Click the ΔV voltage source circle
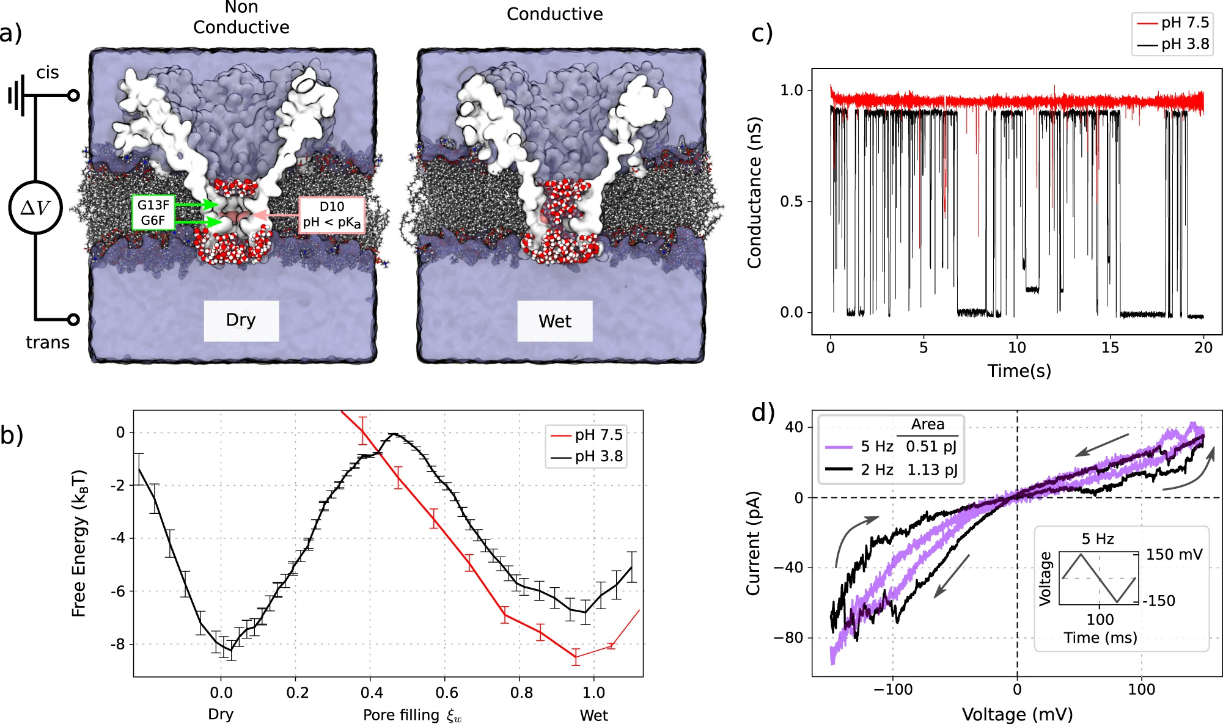tap(35, 208)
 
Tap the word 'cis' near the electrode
tap(48, 73)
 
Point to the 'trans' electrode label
tap(48, 342)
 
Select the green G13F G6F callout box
tap(153, 213)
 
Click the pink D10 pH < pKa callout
tap(331, 214)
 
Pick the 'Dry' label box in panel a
tap(241, 320)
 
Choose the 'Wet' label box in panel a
tap(554, 321)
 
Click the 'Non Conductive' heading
tap(241, 18)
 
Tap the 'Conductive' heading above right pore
tap(554, 15)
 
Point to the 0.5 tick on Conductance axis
tap(791, 202)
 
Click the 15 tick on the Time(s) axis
tap(1110, 348)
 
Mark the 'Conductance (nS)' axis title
tap(755, 192)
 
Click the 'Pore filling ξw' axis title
tap(413, 715)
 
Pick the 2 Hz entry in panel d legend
tap(876, 470)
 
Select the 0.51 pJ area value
tap(931, 447)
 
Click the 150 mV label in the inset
tap(1173, 555)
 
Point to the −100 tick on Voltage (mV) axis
tap(892, 690)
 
